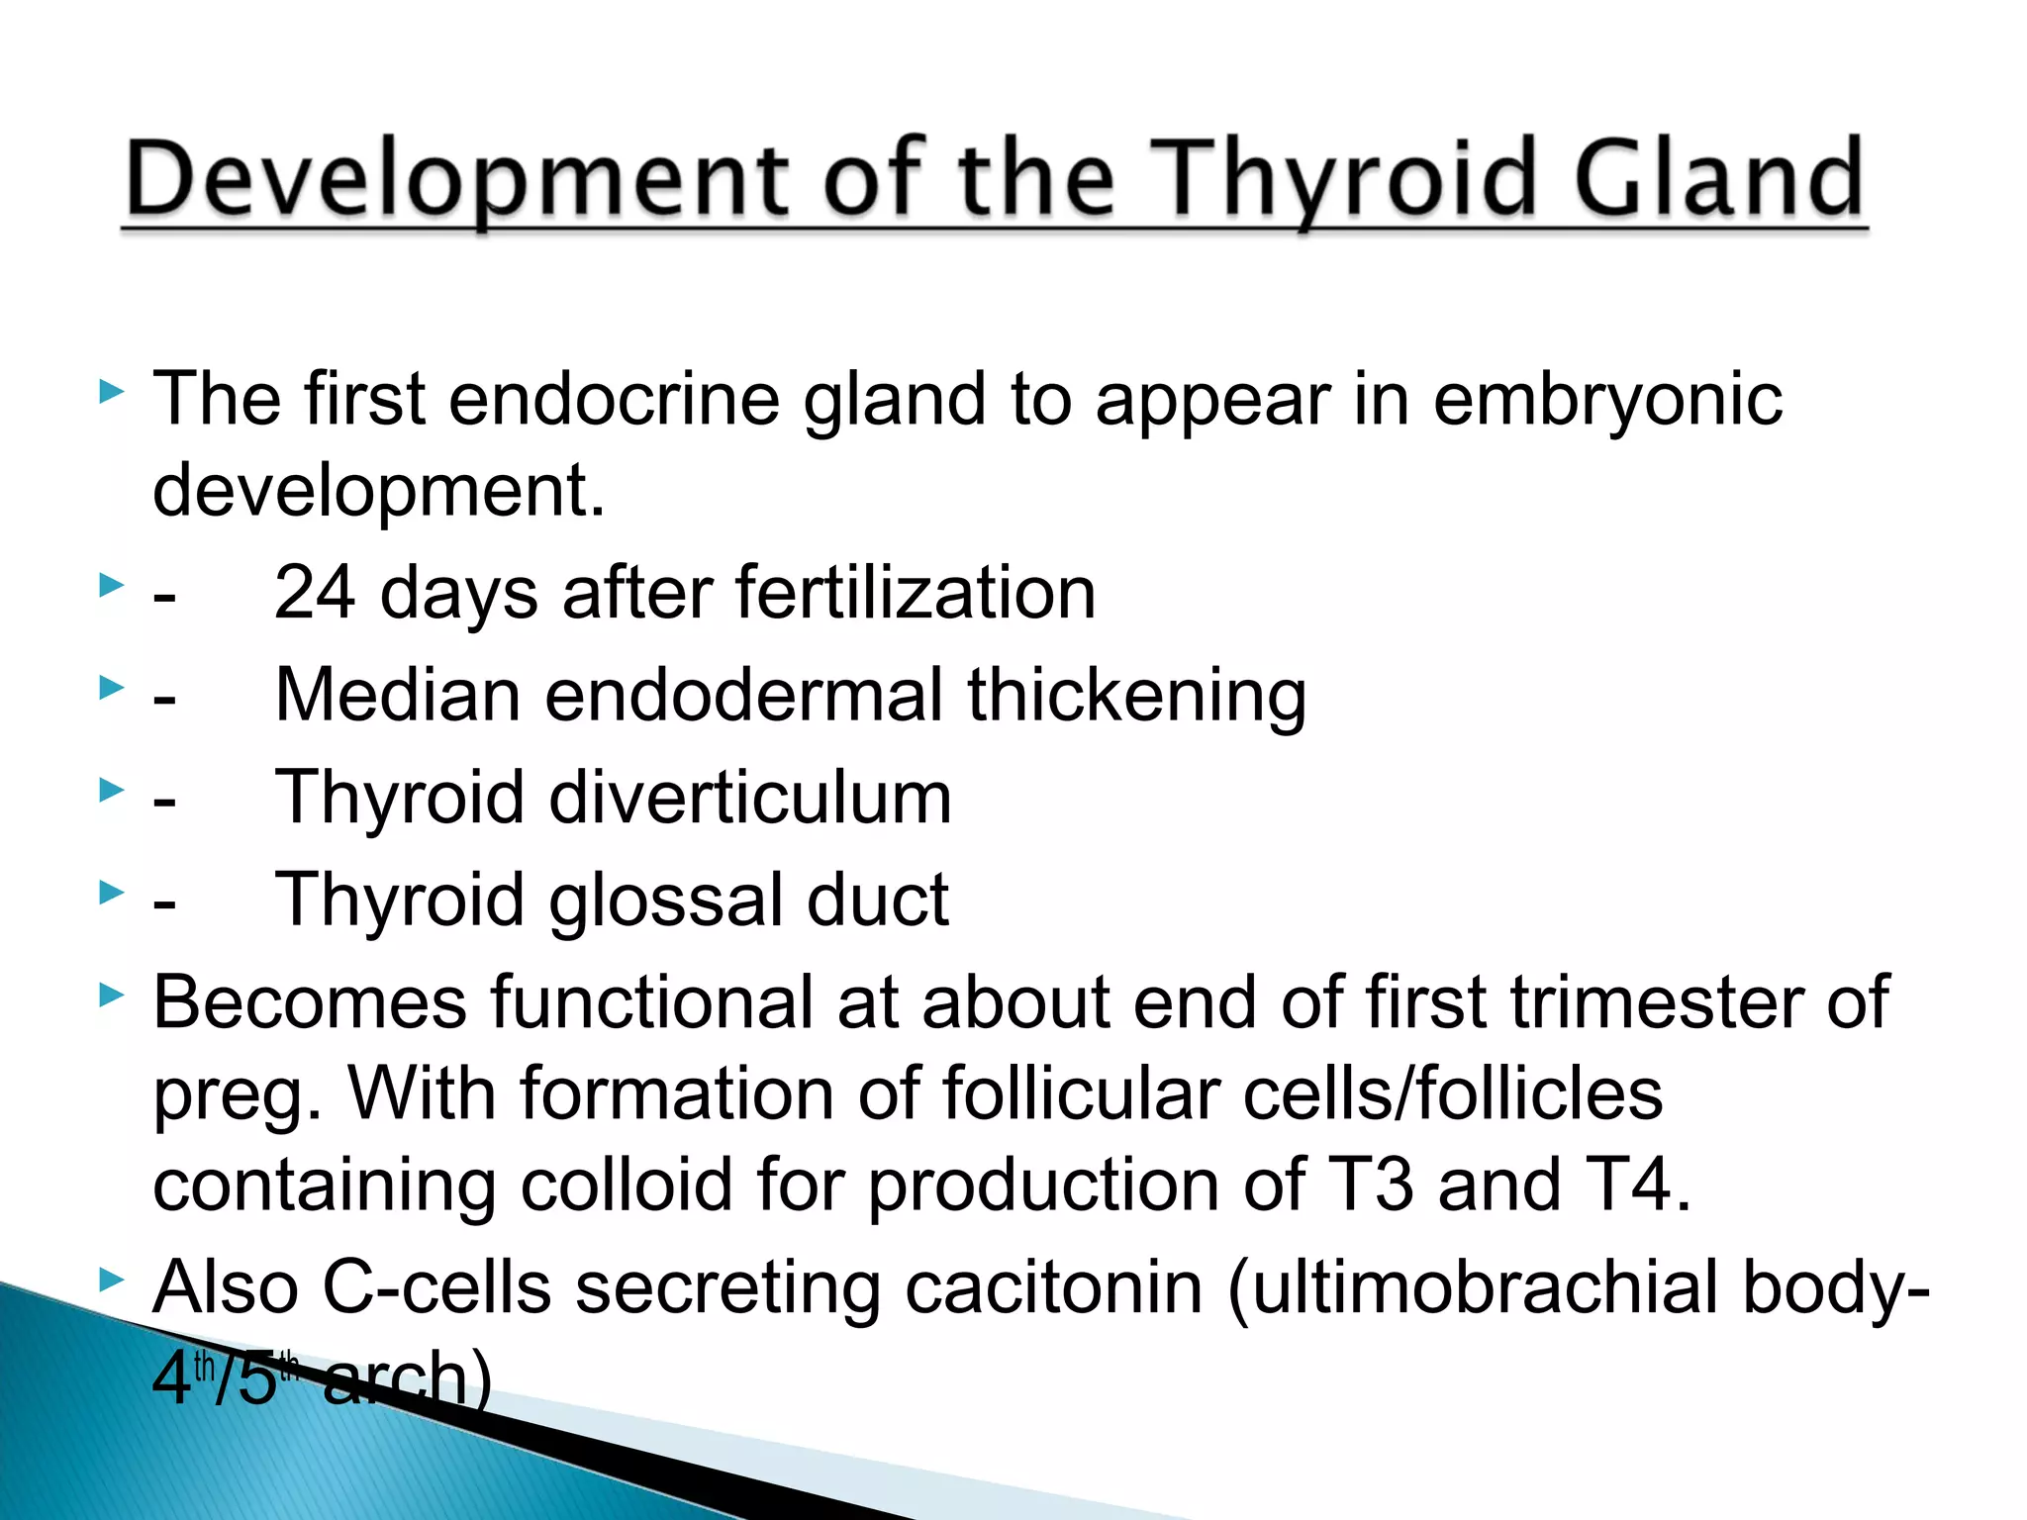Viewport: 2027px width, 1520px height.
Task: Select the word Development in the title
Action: (x=456, y=180)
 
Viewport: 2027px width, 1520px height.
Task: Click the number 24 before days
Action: (x=315, y=593)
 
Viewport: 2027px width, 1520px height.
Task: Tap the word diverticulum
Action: (x=749, y=798)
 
